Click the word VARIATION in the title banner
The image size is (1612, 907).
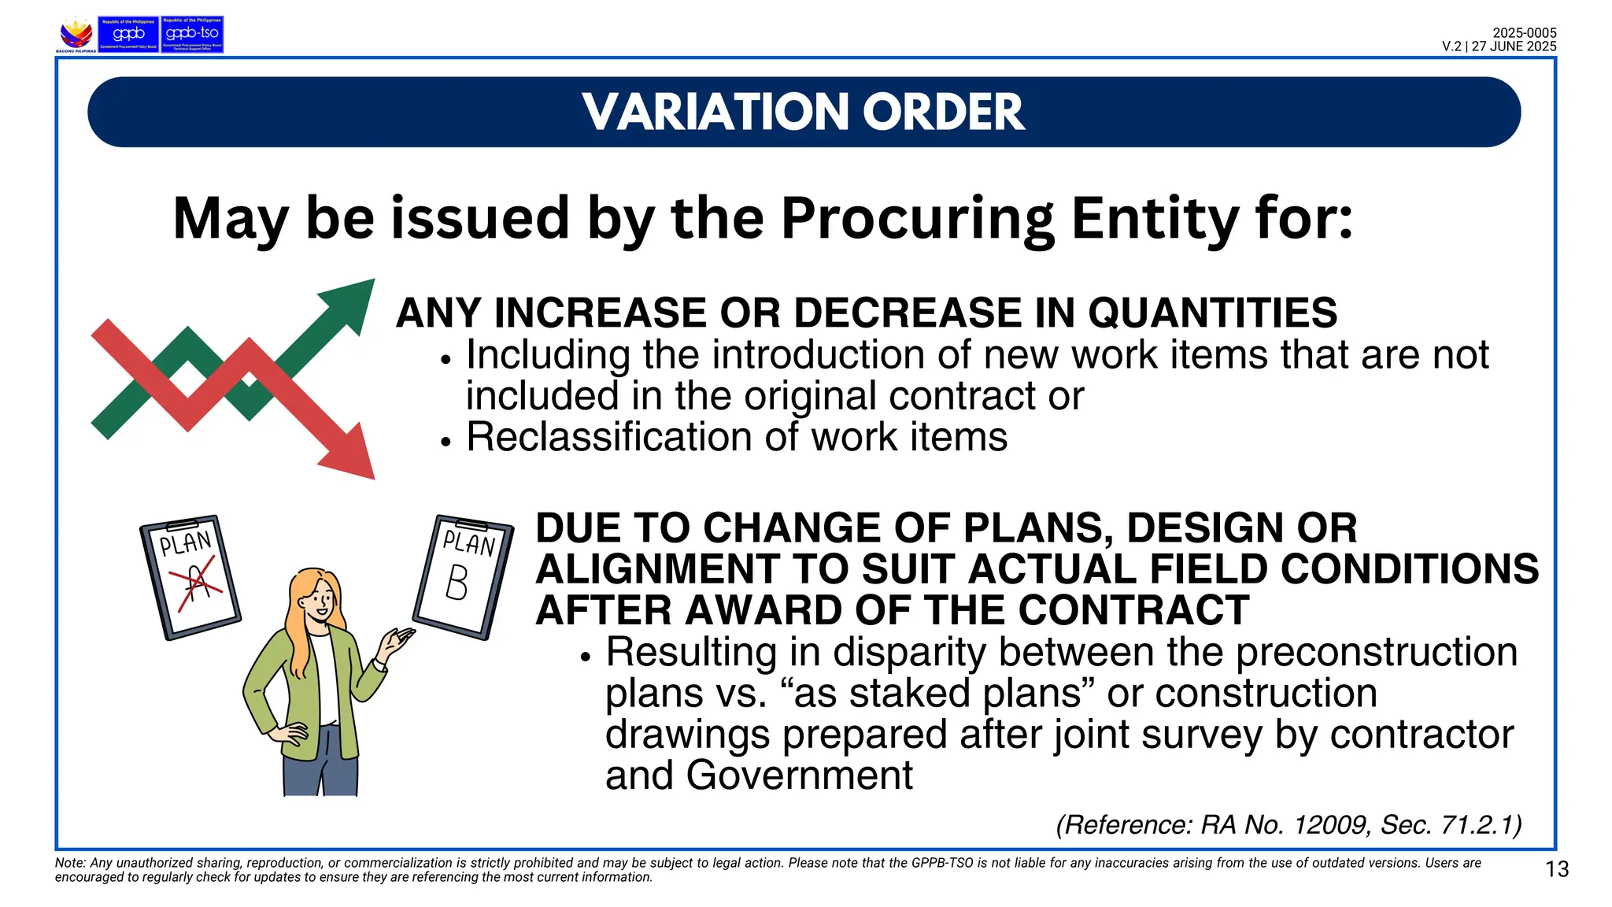pyautogui.click(x=717, y=112)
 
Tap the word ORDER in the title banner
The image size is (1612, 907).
pyautogui.click(x=944, y=112)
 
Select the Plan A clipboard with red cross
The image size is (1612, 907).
pyautogui.click(x=190, y=577)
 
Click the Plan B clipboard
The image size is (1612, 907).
pyautogui.click(x=464, y=576)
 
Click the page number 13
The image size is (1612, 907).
pyautogui.click(x=1557, y=869)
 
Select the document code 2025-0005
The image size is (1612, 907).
pyautogui.click(x=1524, y=33)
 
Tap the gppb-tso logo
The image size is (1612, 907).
pyautogui.click(x=192, y=35)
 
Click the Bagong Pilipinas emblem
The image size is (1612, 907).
pyautogui.click(x=76, y=35)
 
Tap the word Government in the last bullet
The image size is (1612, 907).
pyautogui.click(x=799, y=776)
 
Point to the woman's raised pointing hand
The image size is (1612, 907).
pyautogui.click(x=396, y=642)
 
